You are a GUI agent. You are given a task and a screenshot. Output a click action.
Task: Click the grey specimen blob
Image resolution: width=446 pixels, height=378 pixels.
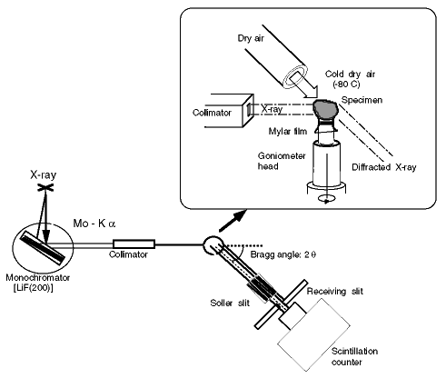pyautogui.click(x=325, y=109)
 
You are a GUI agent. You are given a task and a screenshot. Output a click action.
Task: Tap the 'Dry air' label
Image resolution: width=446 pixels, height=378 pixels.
pyautogui.click(x=251, y=38)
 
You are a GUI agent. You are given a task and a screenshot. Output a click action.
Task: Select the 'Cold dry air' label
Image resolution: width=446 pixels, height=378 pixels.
pyautogui.click(x=350, y=74)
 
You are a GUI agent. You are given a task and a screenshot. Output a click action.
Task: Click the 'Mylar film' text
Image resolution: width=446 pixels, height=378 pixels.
pyautogui.click(x=288, y=131)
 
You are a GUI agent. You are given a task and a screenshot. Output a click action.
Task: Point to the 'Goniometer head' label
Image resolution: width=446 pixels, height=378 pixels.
pyautogui.click(x=282, y=161)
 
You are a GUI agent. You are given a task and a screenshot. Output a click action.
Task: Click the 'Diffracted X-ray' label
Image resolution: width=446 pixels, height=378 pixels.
pyautogui.click(x=384, y=167)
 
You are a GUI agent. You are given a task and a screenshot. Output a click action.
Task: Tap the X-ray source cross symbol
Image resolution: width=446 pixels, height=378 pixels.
pyautogui.click(x=45, y=188)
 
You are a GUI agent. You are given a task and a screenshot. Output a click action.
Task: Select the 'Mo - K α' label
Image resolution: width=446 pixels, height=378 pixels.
pyautogui.click(x=94, y=224)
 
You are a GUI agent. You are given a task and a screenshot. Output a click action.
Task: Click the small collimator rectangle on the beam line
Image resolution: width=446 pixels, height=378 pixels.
pyautogui.click(x=134, y=244)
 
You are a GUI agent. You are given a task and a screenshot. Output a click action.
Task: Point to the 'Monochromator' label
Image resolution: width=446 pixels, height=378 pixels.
pyautogui.click(x=38, y=277)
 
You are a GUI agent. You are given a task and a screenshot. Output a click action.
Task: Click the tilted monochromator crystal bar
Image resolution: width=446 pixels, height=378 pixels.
pyautogui.click(x=43, y=249)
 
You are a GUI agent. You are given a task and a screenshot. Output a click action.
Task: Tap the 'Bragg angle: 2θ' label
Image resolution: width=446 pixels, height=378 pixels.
pyautogui.click(x=283, y=254)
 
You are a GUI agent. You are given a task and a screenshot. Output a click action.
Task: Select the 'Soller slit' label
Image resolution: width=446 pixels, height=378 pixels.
pyautogui.click(x=230, y=303)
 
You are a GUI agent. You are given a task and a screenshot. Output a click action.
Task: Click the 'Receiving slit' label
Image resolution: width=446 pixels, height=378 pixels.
pyautogui.click(x=335, y=292)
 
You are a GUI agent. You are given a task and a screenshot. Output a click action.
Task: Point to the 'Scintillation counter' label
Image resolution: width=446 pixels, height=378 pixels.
pyautogui.click(x=354, y=356)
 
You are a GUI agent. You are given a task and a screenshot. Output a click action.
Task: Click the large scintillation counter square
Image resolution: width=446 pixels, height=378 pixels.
pyautogui.click(x=314, y=335)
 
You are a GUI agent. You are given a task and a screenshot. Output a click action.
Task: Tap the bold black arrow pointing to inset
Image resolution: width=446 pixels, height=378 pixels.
pyautogui.click(x=232, y=222)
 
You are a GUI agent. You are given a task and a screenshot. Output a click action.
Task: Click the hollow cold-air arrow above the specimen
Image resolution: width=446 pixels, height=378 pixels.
pyautogui.click(x=302, y=86)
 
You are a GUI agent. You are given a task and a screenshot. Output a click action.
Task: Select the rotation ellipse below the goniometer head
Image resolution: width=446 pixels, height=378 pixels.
pyautogui.click(x=326, y=199)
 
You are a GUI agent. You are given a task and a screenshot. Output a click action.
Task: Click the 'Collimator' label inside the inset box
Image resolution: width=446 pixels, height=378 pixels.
pyautogui.click(x=212, y=113)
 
